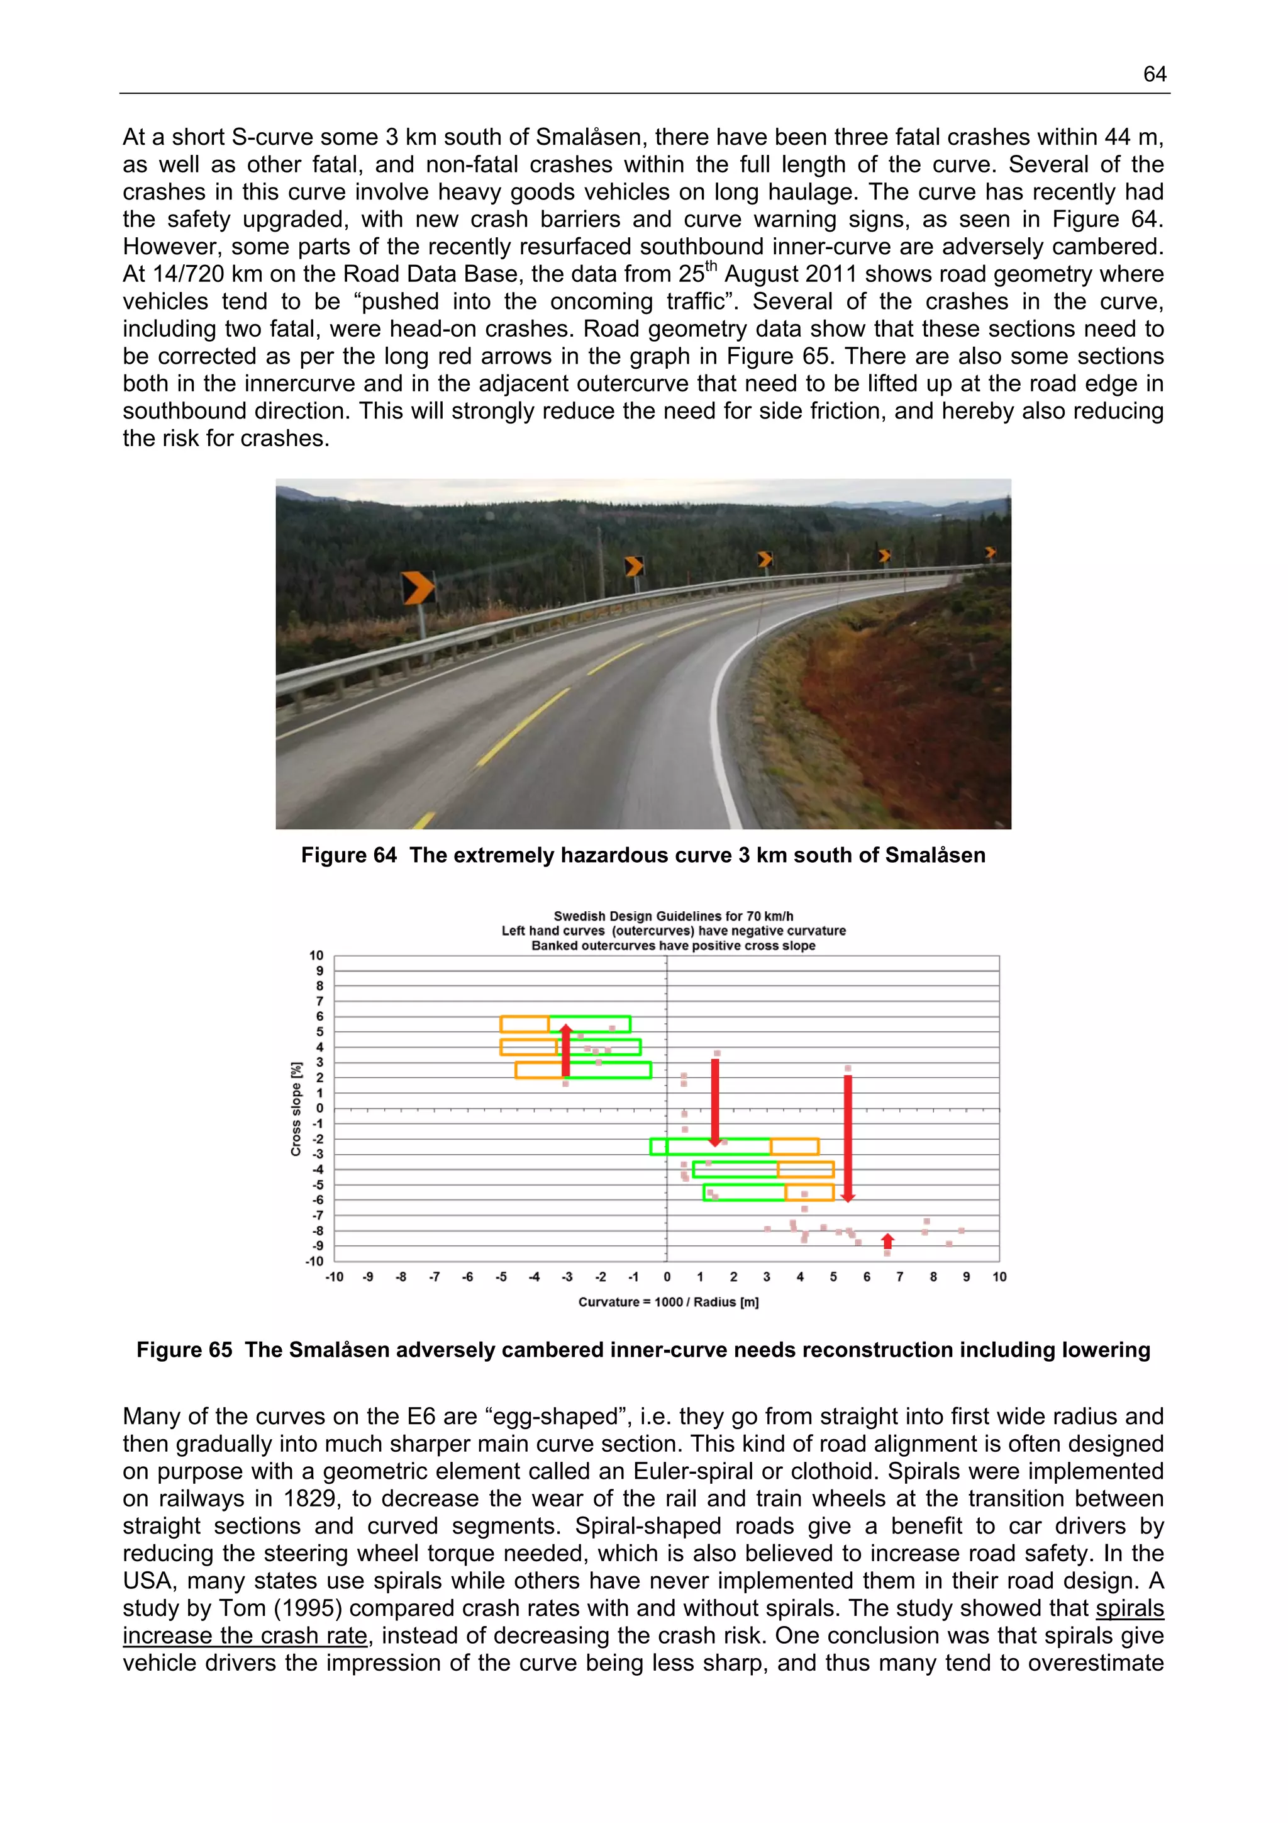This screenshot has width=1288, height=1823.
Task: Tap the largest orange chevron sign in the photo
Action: click(418, 588)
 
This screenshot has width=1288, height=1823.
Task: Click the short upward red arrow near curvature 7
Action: click(888, 1241)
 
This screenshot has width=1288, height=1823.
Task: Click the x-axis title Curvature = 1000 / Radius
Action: click(668, 1301)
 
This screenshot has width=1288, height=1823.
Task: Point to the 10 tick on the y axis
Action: click(316, 955)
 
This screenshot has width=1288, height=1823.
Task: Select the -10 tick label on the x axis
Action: click(334, 1277)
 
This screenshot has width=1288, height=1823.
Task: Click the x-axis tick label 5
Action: click(833, 1277)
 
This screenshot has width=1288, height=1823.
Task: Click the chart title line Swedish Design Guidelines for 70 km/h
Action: click(673, 916)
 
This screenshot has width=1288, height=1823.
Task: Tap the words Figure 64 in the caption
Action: click(348, 855)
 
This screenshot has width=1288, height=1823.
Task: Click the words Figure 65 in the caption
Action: click(184, 1350)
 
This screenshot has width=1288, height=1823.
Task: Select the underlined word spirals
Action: click(1130, 1608)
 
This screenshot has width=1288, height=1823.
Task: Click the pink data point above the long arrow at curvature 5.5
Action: click(848, 1069)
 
